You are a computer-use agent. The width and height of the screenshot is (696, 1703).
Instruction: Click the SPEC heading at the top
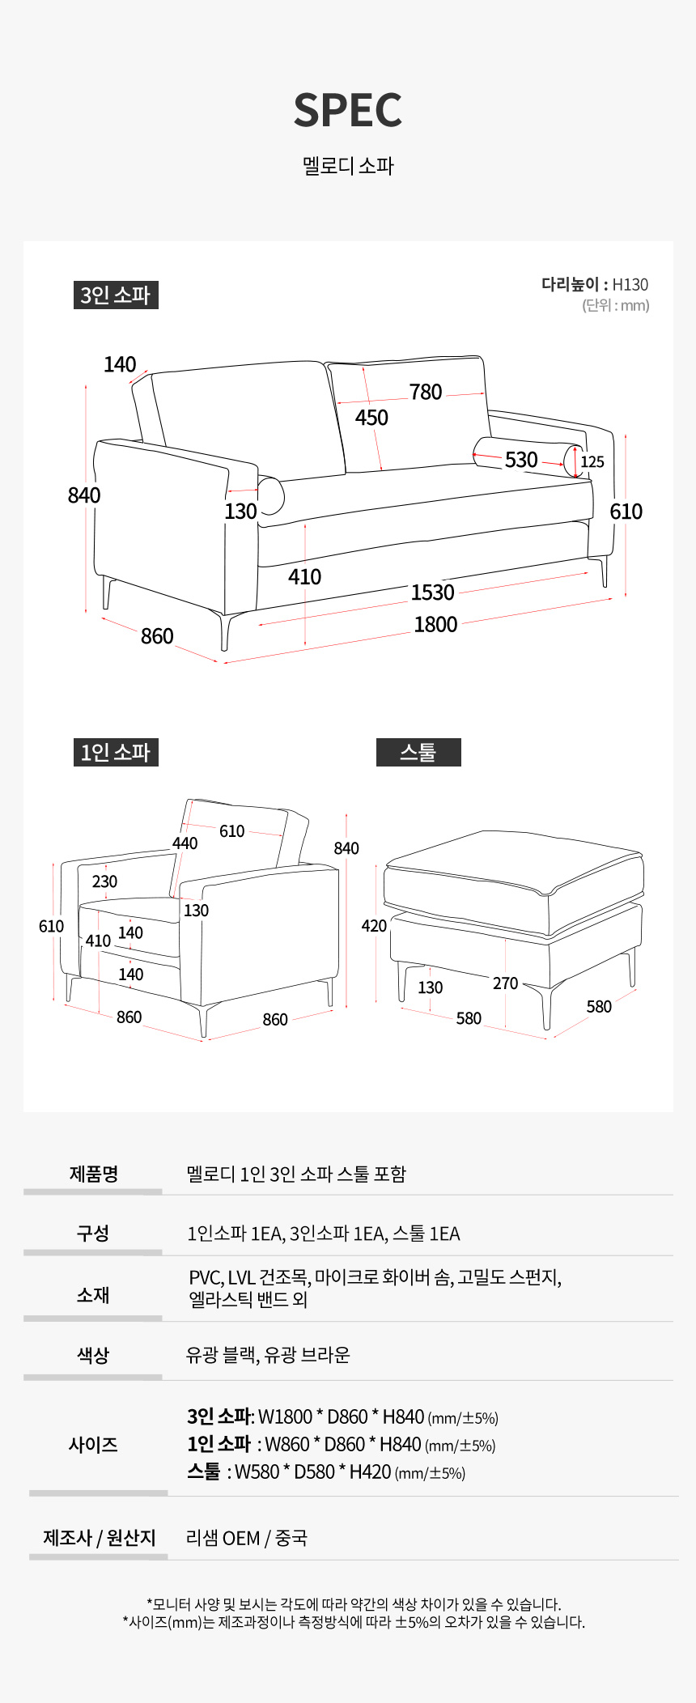pyautogui.click(x=348, y=110)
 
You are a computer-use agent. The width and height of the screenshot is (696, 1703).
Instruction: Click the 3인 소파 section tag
pyautogui.click(x=116, y=295)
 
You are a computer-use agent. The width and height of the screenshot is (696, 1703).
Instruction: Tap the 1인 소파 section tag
pyautogui.click(x=116, y=752)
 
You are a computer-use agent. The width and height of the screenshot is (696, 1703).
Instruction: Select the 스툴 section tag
pyautogui.click(x=418, y=752)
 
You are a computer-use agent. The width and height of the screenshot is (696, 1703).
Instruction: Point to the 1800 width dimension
pyautogui.click(x=435, y=625)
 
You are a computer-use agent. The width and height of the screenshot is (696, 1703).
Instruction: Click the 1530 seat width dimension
pyautogui.click(x=433, y=592)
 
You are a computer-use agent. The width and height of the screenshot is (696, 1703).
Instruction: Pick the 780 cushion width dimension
pyautogui.click(x=426, y=392)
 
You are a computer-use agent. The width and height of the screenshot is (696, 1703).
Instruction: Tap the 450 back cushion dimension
pyautogui.click(x=371, y=418)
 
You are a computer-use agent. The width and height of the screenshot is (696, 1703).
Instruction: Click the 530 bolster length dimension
pyautogui.click(x=521, y=460)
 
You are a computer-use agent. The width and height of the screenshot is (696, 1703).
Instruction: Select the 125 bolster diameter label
pyautogui.click(x=592, y=461)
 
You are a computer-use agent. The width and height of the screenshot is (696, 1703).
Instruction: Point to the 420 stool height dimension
pyautogui.click(x=374, y=925)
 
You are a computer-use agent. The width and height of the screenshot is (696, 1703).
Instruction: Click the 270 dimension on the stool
pyautogui.click(x=505, y=983)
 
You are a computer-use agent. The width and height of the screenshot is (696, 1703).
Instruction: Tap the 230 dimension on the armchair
pyautogui.click(x=104, y=881)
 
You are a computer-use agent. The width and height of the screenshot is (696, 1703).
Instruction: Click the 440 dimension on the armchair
pyautogui.click(x=185, y=843)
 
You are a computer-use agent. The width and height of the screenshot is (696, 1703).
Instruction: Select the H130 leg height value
pyautogui.click(x=630, y=284)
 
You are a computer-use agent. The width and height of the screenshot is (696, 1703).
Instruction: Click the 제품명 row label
pyautogui.click(x=94, y=1174)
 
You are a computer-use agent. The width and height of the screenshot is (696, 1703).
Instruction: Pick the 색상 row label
pyautogui.click(x=93, y=1355)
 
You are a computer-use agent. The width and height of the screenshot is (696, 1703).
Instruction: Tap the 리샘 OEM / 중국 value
pyautogui.click(x=247, y=1538)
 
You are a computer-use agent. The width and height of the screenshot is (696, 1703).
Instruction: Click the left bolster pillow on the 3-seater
pyautogui.click(x=271, y=495)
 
